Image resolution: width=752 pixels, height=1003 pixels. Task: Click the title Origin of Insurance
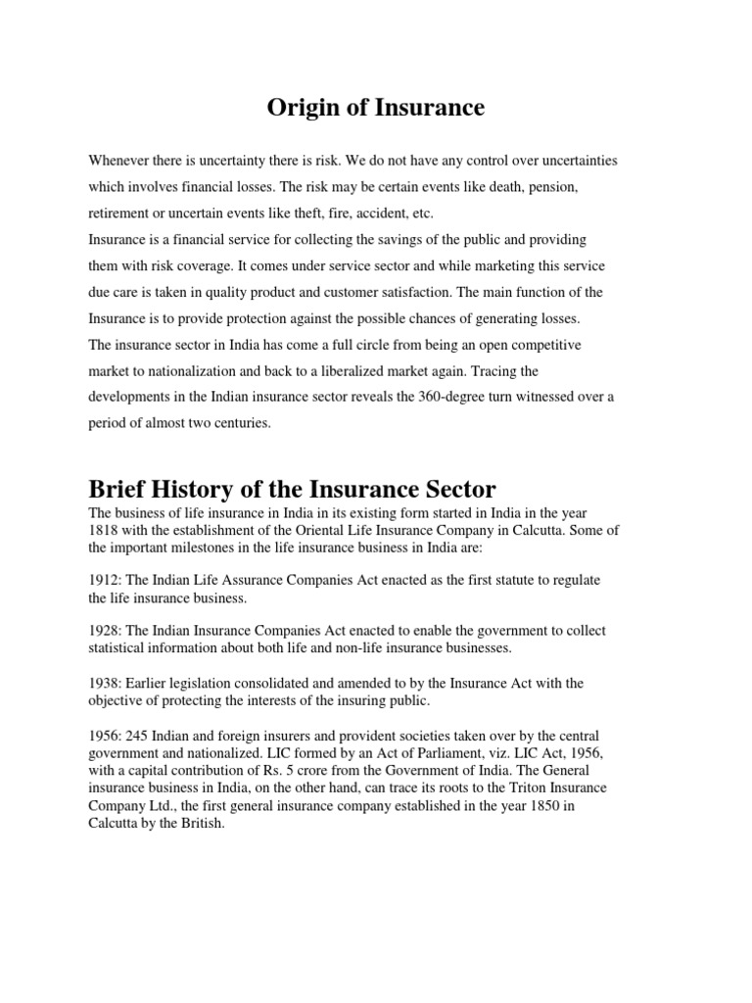click(376, 108)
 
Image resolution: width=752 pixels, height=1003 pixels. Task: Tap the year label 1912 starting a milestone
click(104, 581)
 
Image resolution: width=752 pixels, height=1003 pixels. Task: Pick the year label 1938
click(104, 683)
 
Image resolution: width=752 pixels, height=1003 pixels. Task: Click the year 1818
click(104, 530)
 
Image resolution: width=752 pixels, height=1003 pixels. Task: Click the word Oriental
click(328, 530)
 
